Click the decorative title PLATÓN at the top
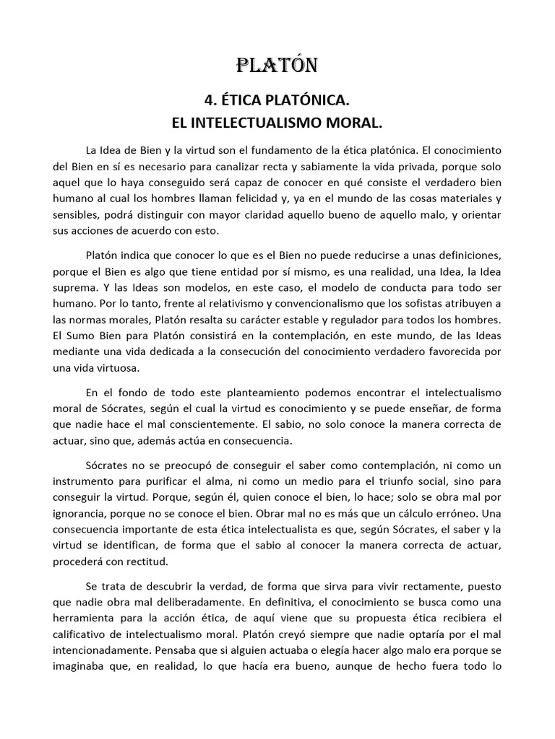click(x=277, y=66)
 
